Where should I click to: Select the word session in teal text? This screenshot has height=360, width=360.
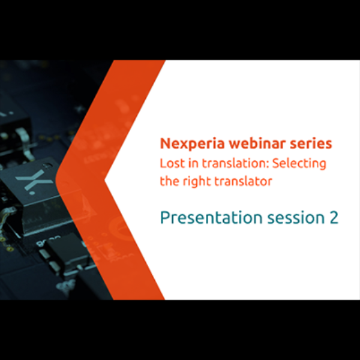pyautogui.click(x=292, y=217)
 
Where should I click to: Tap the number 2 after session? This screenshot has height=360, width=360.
pyautogui.click(x=333, y=217)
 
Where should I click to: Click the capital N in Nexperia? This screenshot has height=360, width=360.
pyautogui.click(x=165, y=144)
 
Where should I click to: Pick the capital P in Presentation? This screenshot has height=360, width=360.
pyautogui.click(x=164, y=217)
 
